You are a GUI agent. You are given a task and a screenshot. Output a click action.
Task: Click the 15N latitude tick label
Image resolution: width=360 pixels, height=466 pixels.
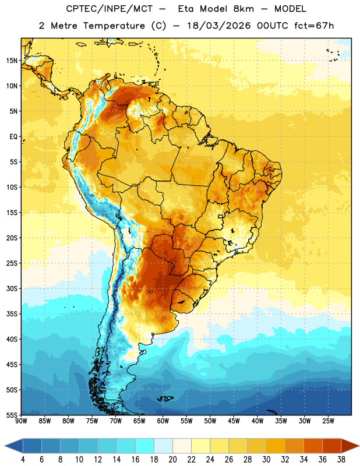12,61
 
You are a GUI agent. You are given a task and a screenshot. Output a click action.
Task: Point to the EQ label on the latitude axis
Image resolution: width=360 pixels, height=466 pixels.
13,137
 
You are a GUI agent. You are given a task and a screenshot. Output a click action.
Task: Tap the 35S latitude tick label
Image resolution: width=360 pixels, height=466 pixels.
12,314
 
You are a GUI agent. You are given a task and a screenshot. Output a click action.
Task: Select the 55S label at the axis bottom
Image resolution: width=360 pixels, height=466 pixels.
12,415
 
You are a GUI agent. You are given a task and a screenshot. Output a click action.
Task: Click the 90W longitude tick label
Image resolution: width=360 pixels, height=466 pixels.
21,421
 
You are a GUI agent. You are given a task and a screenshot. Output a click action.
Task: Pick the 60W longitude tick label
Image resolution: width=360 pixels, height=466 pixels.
163,421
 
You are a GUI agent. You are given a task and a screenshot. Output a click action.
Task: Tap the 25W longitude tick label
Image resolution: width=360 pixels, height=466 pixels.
328,421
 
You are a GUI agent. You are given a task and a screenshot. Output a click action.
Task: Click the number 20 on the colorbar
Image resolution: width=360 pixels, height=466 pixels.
172,460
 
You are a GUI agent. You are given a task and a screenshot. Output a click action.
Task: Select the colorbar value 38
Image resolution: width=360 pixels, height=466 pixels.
341,460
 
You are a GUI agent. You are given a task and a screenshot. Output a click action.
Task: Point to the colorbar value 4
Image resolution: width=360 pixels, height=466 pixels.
23,460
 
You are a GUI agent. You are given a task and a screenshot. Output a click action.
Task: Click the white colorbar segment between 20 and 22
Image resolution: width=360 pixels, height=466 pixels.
182,446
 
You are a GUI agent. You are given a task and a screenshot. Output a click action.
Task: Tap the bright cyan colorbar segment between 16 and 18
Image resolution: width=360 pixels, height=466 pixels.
144,446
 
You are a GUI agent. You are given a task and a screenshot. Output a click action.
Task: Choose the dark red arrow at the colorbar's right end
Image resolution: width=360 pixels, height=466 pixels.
349,446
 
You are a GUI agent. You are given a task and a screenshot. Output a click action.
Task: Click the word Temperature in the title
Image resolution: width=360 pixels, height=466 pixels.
114,26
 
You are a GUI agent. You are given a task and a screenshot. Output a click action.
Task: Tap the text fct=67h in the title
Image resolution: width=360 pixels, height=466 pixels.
314,26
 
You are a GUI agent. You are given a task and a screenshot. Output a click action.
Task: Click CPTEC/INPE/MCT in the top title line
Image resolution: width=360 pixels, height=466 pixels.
110,9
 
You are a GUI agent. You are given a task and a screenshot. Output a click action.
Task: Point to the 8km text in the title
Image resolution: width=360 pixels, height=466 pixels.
243,9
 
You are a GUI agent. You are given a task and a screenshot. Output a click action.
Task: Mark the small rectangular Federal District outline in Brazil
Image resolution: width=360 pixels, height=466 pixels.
221,216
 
